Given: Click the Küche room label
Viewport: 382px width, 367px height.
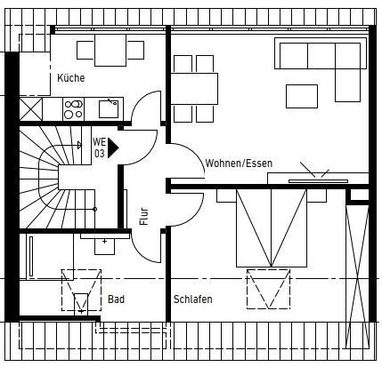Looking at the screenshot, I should [70, 78].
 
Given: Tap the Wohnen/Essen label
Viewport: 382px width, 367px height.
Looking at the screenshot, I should [239, 164].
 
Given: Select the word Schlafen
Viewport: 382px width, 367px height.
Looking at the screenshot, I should [193, 300].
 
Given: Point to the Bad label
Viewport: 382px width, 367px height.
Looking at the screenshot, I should [116, 300].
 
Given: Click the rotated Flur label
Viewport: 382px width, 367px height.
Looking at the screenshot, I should [143, 216].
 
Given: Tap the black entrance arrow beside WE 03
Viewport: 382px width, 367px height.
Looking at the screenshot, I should [113, 147].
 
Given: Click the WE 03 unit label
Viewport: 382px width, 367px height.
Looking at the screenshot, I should [99, 148].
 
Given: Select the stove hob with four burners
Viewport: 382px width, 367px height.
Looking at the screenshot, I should [74, 108].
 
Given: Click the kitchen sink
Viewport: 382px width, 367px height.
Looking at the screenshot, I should [109, 108].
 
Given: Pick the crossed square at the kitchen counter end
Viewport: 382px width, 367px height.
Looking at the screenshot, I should [30, 109].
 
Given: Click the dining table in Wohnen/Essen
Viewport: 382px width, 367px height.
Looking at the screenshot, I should [194, 90].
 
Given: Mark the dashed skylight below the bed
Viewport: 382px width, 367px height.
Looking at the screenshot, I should [269, 289].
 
